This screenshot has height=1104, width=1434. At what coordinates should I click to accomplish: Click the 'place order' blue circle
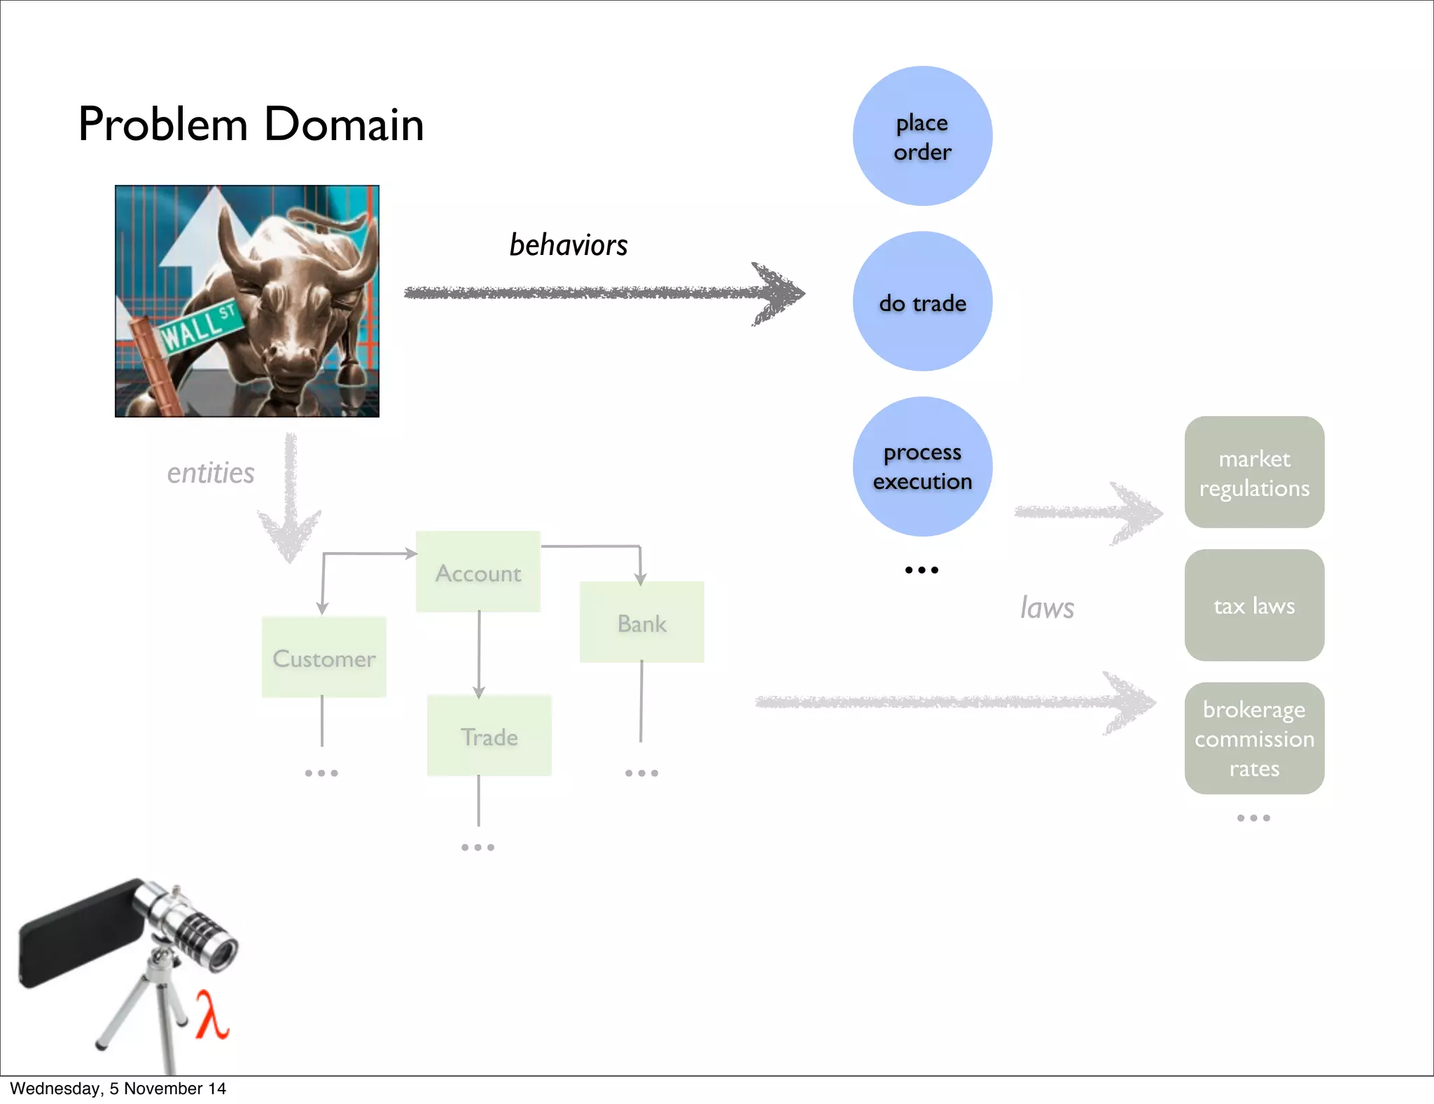(922, 136)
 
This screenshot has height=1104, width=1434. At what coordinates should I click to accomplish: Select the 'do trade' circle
(922, 301)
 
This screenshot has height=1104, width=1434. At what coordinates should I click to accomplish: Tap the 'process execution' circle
(922, 467)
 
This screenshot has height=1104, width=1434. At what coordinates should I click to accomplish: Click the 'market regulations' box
(1254, 472)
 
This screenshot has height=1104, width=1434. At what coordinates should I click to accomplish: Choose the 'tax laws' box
(1254, 605)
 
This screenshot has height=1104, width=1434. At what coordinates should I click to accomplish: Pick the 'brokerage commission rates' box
(1254, 738)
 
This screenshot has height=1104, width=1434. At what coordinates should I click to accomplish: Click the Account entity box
(478, 572)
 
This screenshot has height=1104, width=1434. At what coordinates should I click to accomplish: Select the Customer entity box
(323, 657)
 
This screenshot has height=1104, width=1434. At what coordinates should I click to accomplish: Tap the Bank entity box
(641, 622)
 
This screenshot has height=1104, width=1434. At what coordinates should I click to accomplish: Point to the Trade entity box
(489, 736)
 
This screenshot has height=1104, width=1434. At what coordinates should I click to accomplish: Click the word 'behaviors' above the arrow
(568, 245)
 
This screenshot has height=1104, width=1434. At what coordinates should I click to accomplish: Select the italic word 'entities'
(210, 474)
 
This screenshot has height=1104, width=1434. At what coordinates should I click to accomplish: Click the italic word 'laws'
(1047, 608)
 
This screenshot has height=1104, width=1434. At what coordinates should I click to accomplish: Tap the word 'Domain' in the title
(344, 125)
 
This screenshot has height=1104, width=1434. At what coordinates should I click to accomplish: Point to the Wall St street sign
(198, 326)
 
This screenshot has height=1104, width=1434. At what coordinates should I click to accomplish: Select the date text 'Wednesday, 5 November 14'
(118, 1089)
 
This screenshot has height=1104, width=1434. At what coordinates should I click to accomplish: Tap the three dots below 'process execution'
(921, 570)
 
